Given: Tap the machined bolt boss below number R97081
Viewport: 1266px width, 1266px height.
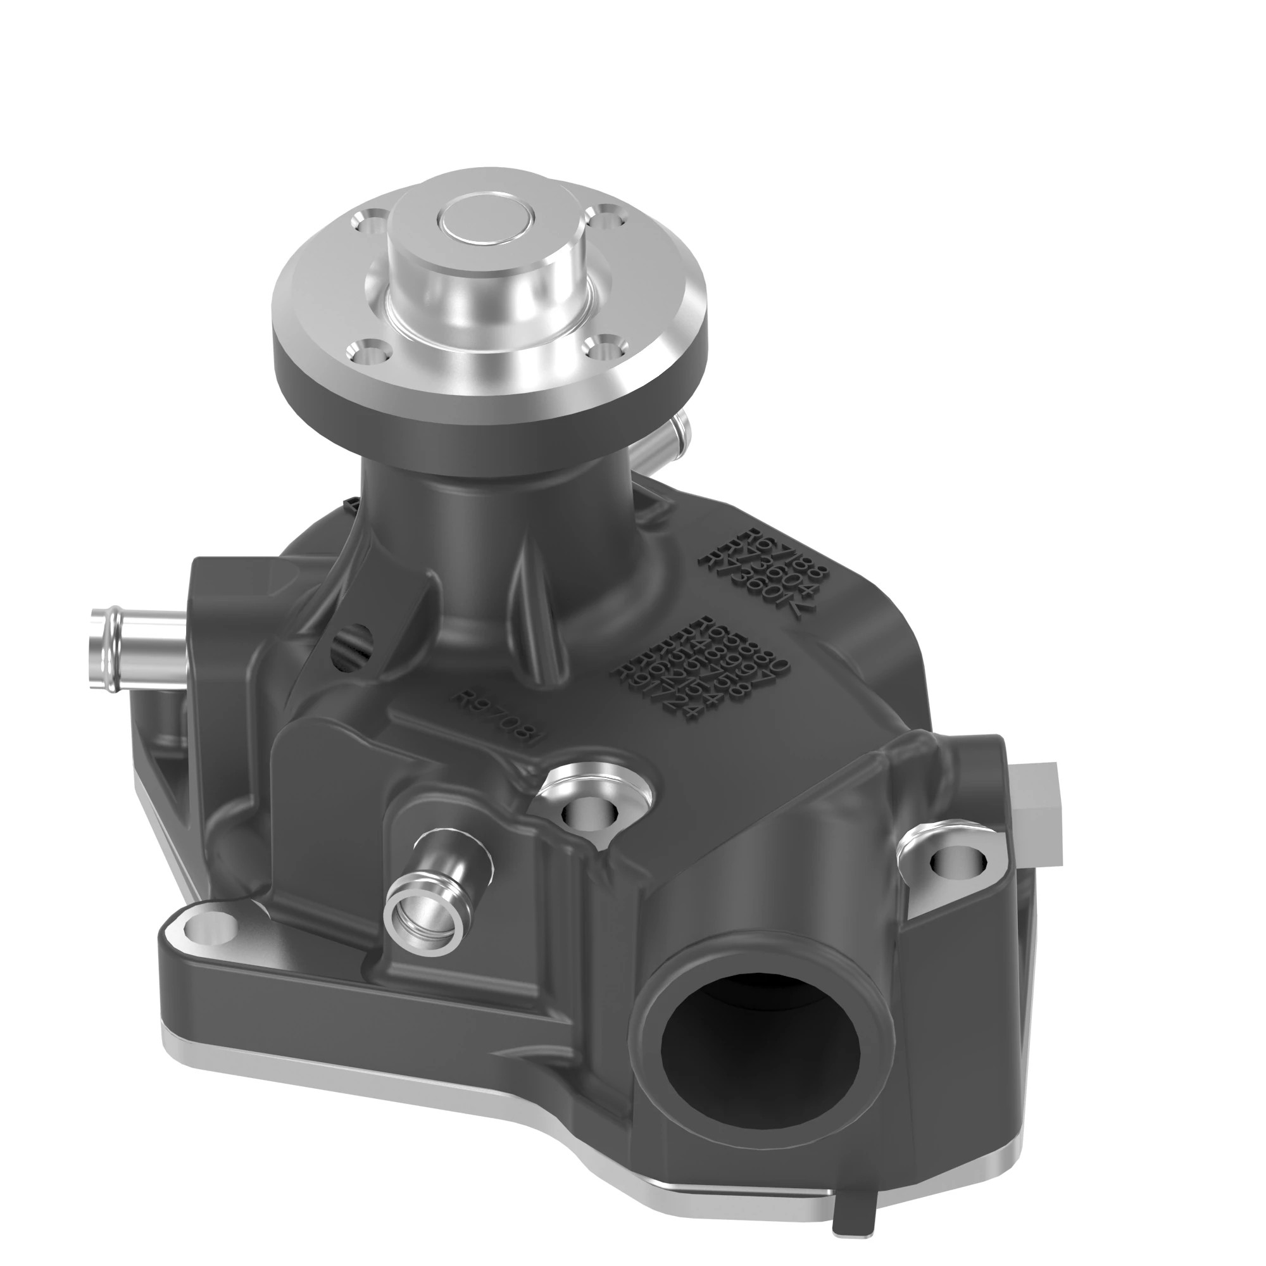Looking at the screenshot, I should [590, 813].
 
